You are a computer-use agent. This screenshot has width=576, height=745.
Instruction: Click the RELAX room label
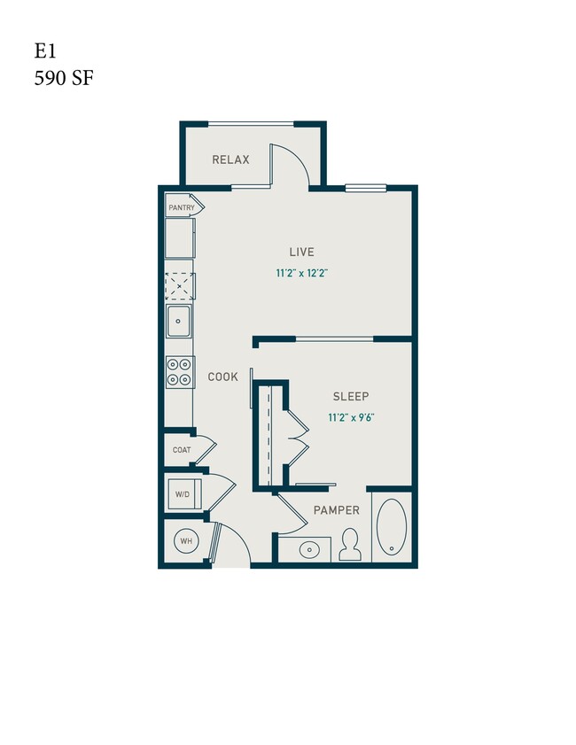tap(230, 160)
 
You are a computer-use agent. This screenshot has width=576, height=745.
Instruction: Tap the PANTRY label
tap(181, 207)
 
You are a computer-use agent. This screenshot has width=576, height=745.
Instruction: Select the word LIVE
tap(301, 252)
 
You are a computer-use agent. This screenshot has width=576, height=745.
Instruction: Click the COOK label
tap(222, 376)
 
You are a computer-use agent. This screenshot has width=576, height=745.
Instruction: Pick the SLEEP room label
tap(351, 396)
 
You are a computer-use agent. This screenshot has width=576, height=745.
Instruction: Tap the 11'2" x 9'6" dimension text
tap(351, 417)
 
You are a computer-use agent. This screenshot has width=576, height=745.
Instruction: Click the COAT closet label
tap(182, 450)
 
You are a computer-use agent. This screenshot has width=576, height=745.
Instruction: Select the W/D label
tap(183, 494)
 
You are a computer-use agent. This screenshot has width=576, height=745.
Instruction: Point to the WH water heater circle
tap(187, 540)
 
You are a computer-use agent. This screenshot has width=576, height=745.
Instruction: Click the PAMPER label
tap(336, 510)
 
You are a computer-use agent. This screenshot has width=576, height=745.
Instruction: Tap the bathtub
tap(390, 529)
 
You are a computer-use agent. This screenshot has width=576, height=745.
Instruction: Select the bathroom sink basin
tap(309, 549)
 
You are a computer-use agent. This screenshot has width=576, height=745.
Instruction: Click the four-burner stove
tap(180, 371)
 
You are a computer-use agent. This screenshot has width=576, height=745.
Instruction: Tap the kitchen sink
tap(180, 322)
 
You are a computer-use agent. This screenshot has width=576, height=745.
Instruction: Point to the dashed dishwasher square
tap(180, 286)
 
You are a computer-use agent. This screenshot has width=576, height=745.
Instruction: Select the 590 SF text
tap(64, 78)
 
